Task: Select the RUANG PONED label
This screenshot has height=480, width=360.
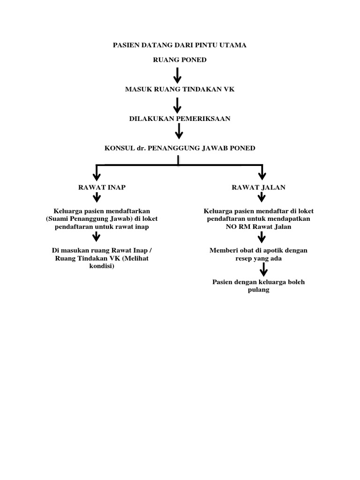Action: pos(180,60)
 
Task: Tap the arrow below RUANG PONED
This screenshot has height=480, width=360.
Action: pos(178,75)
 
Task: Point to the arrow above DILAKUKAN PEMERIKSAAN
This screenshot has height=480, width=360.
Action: pos(178,105)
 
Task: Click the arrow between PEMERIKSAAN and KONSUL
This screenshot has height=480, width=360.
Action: pos(178,133)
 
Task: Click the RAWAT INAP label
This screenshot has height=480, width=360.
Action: pos(101,187)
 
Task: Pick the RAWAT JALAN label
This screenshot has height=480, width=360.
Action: pos(258,187)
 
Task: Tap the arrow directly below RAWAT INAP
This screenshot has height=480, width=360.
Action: pos(97,198)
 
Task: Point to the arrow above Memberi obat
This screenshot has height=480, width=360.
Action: pos(262,238)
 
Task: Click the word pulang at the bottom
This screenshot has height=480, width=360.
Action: pos(258,290)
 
